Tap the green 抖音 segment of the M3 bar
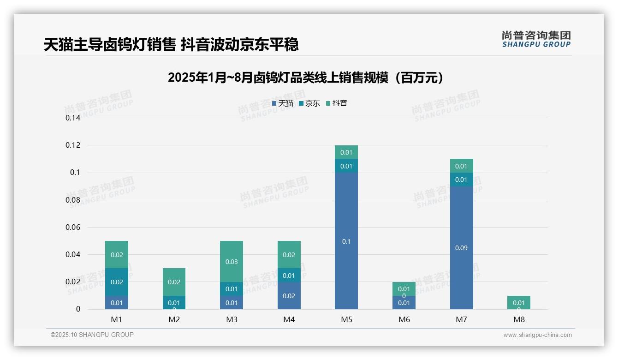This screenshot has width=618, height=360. point(232,261)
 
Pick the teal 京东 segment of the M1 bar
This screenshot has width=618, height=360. point(117,282)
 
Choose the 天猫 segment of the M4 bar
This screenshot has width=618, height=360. point(289,296)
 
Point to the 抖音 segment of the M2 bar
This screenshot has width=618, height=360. point(174,282)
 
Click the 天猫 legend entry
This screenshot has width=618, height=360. point(283,103)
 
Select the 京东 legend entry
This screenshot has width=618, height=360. point(309,103)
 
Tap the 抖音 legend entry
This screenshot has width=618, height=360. point(337,103)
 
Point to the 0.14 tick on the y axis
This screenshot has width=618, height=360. point(73,118)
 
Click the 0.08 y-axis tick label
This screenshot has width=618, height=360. point(73,200)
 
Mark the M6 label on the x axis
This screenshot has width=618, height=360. point(404,319)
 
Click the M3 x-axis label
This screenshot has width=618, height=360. point(232,319)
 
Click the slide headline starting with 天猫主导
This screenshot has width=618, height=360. point(171,45)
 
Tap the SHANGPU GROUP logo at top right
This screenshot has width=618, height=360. point(536,39)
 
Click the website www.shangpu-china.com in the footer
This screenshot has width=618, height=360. point(537,335)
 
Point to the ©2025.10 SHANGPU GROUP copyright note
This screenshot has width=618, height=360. point(92,335)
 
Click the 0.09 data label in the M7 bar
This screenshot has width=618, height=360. point(461,248)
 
